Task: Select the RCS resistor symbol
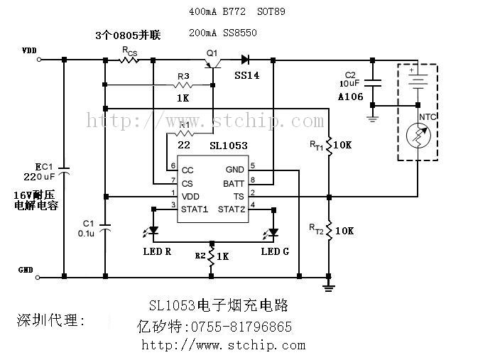[x=129, y=60]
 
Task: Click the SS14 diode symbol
[x=246, y=60]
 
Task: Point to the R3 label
[x=183, y=76]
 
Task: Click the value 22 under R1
[x=184, y=145]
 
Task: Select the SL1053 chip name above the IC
[x=228, y=146]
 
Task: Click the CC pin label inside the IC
[x=187, y=170]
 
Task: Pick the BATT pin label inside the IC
[x=234, y=183]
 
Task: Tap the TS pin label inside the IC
[x=239, y=195]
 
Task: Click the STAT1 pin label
[x=194, y=209]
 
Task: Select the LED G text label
[x=275, y=251]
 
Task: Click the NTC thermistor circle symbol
[x=417, y=135]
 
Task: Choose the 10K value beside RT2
[x=344, y=231]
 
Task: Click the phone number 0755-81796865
[x=238, y=327]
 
